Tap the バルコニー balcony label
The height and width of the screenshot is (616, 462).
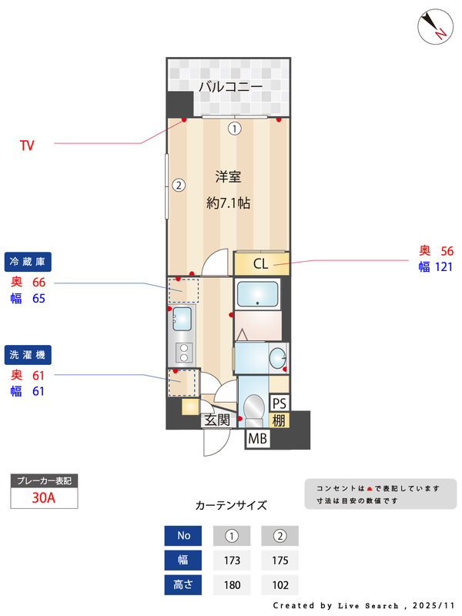(230, 86)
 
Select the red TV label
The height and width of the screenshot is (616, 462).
(27, 144)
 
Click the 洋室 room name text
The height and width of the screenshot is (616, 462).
(228, 177)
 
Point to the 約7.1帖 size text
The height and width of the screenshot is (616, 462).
(228, 203)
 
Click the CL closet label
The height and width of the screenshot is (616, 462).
(260, 264)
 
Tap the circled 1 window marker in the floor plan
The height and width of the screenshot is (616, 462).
(234, 129)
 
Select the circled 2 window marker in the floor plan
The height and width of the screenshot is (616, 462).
(178, 185)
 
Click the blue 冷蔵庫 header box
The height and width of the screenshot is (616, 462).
(28, 262)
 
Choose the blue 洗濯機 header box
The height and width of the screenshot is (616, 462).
(28, 355)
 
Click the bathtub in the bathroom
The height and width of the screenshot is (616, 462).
(257, 294)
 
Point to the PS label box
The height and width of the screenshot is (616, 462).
(279, 403)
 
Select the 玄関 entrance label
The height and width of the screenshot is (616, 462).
(216, 420)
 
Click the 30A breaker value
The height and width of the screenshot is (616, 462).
(44, 497)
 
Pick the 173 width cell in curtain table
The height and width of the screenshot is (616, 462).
(233, 560)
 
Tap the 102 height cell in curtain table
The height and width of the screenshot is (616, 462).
(280, 584)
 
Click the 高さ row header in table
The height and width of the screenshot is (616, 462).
(183, 584)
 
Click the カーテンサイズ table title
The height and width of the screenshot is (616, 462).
(231, 506)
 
